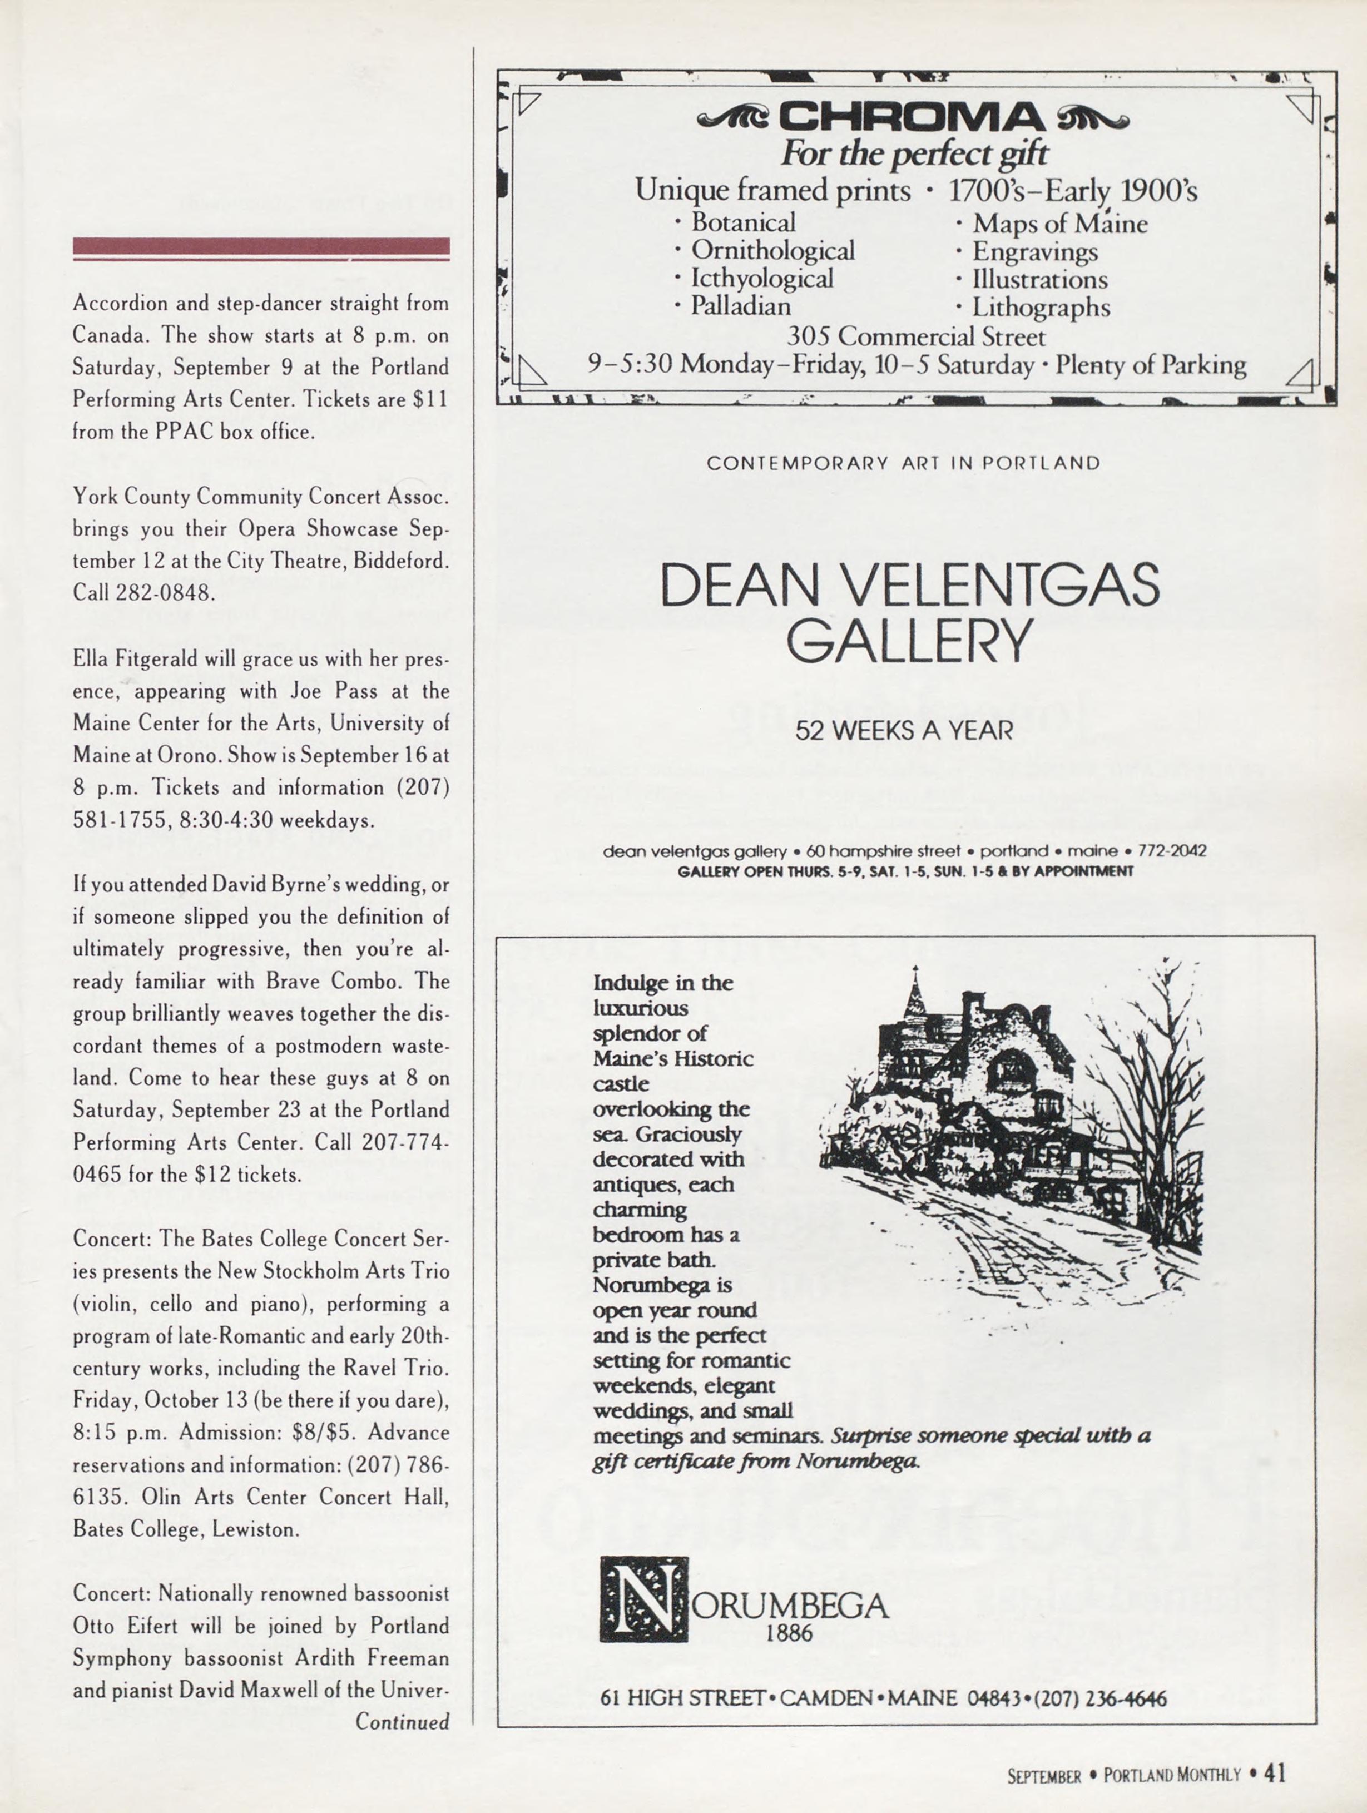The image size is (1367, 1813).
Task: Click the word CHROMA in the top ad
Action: click(x=912, y=118)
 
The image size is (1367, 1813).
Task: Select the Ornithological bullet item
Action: click(x=772, y=250)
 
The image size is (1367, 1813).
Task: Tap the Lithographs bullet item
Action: click(x=1040, y=308)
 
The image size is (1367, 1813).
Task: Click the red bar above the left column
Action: click(x=261, y=246)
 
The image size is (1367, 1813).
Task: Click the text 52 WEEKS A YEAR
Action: click(x=903, y=730)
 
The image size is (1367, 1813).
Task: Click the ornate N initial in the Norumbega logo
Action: click(x=644, y=1598)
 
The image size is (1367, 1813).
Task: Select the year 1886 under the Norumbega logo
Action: click(x=789, y=1633)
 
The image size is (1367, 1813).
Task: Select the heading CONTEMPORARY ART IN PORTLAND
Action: click(x=903, y=463)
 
